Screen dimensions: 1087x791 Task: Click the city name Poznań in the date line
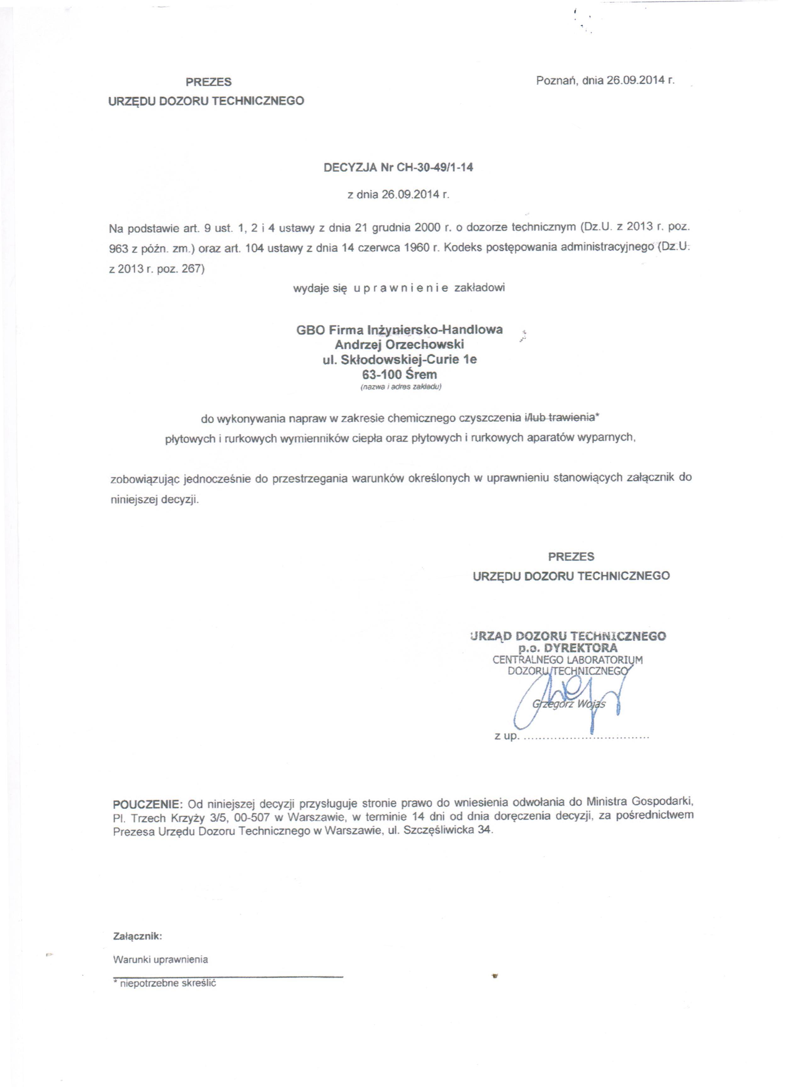pos(557,81)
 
